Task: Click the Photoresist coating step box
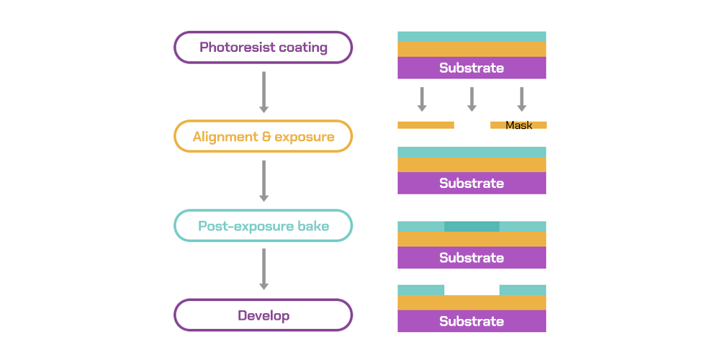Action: (263, 48)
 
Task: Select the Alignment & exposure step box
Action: (263, 136)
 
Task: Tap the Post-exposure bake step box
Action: (263, 225)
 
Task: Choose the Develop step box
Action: (263, 315)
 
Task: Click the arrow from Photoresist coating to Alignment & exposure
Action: (264, 91)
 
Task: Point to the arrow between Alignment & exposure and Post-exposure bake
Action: (264, 181)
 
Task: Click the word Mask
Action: (518, 125)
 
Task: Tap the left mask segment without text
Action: (426, 125)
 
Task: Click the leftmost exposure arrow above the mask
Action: (422, 99)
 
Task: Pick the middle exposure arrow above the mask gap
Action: (472, 99)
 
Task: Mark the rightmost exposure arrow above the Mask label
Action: (522, 99)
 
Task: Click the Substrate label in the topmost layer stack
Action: (472, 68)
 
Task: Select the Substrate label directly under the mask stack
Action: (472, 183)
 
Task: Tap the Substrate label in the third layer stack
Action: (472, 258)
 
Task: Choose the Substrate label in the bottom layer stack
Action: (472, 321)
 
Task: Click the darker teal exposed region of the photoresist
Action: (472, 226)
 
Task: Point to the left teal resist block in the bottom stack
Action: (420, 289)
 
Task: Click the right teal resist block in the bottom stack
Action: (523, 289)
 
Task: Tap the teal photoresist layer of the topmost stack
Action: (472, 36)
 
